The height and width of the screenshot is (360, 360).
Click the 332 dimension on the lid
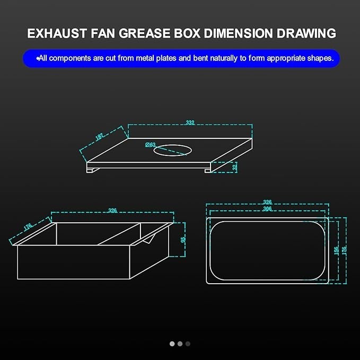coord(190,122)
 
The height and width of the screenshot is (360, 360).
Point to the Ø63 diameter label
coord(151,144)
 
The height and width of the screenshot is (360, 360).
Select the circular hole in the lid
coord(173,151)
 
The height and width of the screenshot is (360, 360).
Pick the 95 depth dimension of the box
coord(183,239)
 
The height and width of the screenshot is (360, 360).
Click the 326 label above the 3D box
coord(112,210)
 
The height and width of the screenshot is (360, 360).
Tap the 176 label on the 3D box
coord(28,226)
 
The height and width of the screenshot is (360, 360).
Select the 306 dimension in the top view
coord(267,209)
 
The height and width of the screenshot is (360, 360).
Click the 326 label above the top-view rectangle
coord(267,202)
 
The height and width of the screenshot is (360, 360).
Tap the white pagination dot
coord(172,344)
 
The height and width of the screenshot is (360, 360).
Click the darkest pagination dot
coord(188,344)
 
